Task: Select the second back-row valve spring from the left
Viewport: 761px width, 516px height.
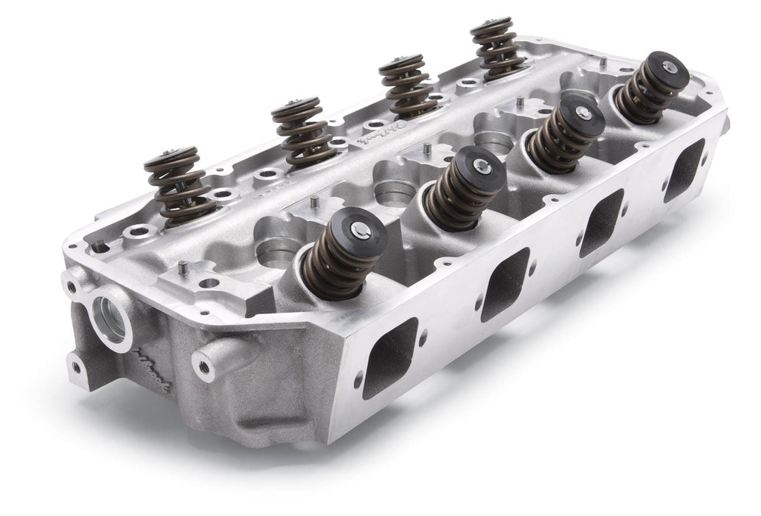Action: [299, 133]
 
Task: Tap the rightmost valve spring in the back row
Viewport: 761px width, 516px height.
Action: [497, 48]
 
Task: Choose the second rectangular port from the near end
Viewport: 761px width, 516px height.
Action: [504, 284]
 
